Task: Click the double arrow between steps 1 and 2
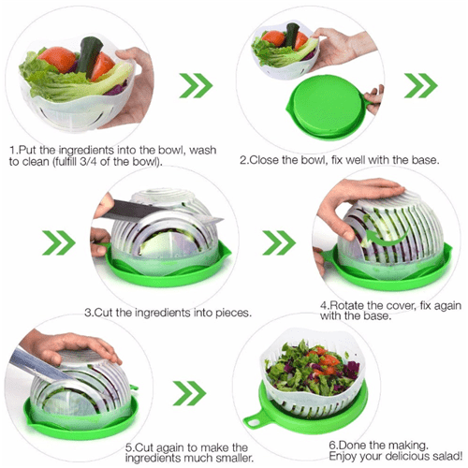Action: [x=196, y=85]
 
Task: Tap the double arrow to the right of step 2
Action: [x=421, y=85]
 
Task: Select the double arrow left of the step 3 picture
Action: [x=59, y=242]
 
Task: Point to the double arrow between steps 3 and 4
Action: [x=279, y=242]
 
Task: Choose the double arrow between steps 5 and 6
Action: [x=190, y=393]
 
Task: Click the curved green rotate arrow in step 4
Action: [x=386, y=237]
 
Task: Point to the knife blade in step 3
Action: [x=162, y=212]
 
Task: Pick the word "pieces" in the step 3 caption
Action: [x=233, y=313]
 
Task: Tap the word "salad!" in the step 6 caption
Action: [x=447, y=456]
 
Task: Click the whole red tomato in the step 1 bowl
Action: [x=57, y=59]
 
